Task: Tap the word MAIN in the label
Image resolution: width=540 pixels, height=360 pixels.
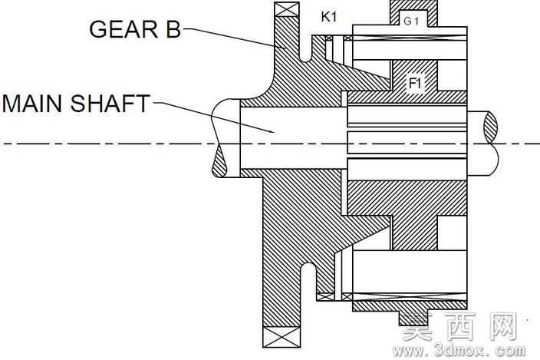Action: click(34, 104)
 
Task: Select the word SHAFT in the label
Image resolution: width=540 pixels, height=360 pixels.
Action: click(110, 104)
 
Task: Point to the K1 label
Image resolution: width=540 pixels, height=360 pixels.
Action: click(329, 17)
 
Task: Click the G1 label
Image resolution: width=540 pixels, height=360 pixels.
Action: click(411, 21)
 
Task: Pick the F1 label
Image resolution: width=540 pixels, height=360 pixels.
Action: click(415, 83)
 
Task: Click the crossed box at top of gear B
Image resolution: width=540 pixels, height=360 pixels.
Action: click(287, 9)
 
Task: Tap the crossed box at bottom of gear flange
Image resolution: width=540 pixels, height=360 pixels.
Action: click(282, 337)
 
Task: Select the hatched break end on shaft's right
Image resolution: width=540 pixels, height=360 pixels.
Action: click(491, 127)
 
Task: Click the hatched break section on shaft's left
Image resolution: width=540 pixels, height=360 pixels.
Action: click(219, 163)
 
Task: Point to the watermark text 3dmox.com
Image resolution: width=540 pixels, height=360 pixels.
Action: click(459, 350)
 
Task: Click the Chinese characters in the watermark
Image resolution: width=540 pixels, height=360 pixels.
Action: click(460, 326)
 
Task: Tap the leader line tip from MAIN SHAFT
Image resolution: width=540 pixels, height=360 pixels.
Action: click(274, 132)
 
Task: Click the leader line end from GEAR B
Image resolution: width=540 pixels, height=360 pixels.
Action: click(285, 48)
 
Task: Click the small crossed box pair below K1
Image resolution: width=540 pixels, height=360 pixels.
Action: click(339, 38)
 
